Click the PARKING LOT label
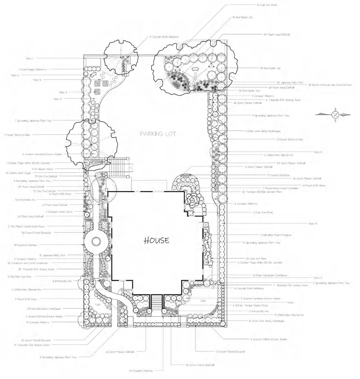coord(158,134)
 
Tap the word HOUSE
coord(156,240)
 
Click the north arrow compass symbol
coord(335,115)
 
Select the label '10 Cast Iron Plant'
coord(267,5)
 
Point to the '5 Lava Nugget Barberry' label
coord(33,69)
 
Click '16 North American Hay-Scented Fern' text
coord(330,85)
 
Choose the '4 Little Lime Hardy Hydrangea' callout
coord(263,131)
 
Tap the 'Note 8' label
coord(318,152)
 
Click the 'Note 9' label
coord(313,224)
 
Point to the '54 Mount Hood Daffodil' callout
coord(277,35)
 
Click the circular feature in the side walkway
coord(96,242)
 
